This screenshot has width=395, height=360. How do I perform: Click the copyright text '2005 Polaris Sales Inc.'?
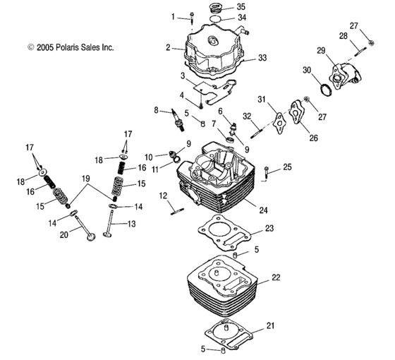point(70,47)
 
